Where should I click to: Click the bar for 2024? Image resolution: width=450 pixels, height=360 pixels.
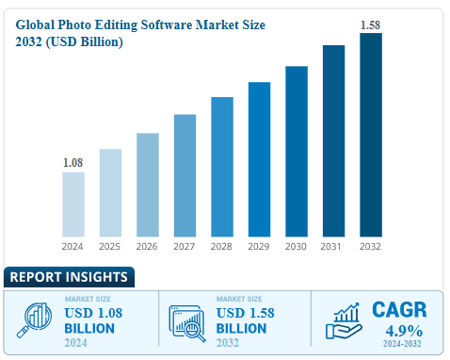coord(73,204)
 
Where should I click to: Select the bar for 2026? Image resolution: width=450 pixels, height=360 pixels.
coord(148,184)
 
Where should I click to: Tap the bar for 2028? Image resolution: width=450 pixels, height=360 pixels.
coord(222,166)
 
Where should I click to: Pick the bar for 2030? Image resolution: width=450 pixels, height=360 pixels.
coord(297,151)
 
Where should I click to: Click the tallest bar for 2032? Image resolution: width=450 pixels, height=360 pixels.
coord(371,134)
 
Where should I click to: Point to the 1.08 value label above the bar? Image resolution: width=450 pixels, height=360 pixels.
coord(73,163)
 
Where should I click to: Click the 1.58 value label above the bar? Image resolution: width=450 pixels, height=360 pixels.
coord(371,25)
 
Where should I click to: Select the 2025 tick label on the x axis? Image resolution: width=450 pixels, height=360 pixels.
coord(111,247)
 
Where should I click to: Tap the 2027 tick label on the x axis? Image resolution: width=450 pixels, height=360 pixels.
coord(185,247)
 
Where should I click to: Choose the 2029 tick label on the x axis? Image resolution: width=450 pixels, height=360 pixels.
coord(260,247)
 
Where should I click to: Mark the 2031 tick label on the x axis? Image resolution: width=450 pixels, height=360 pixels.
coord(334,247)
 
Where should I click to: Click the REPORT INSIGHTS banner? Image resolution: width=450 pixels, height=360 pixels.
coord(68,277)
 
